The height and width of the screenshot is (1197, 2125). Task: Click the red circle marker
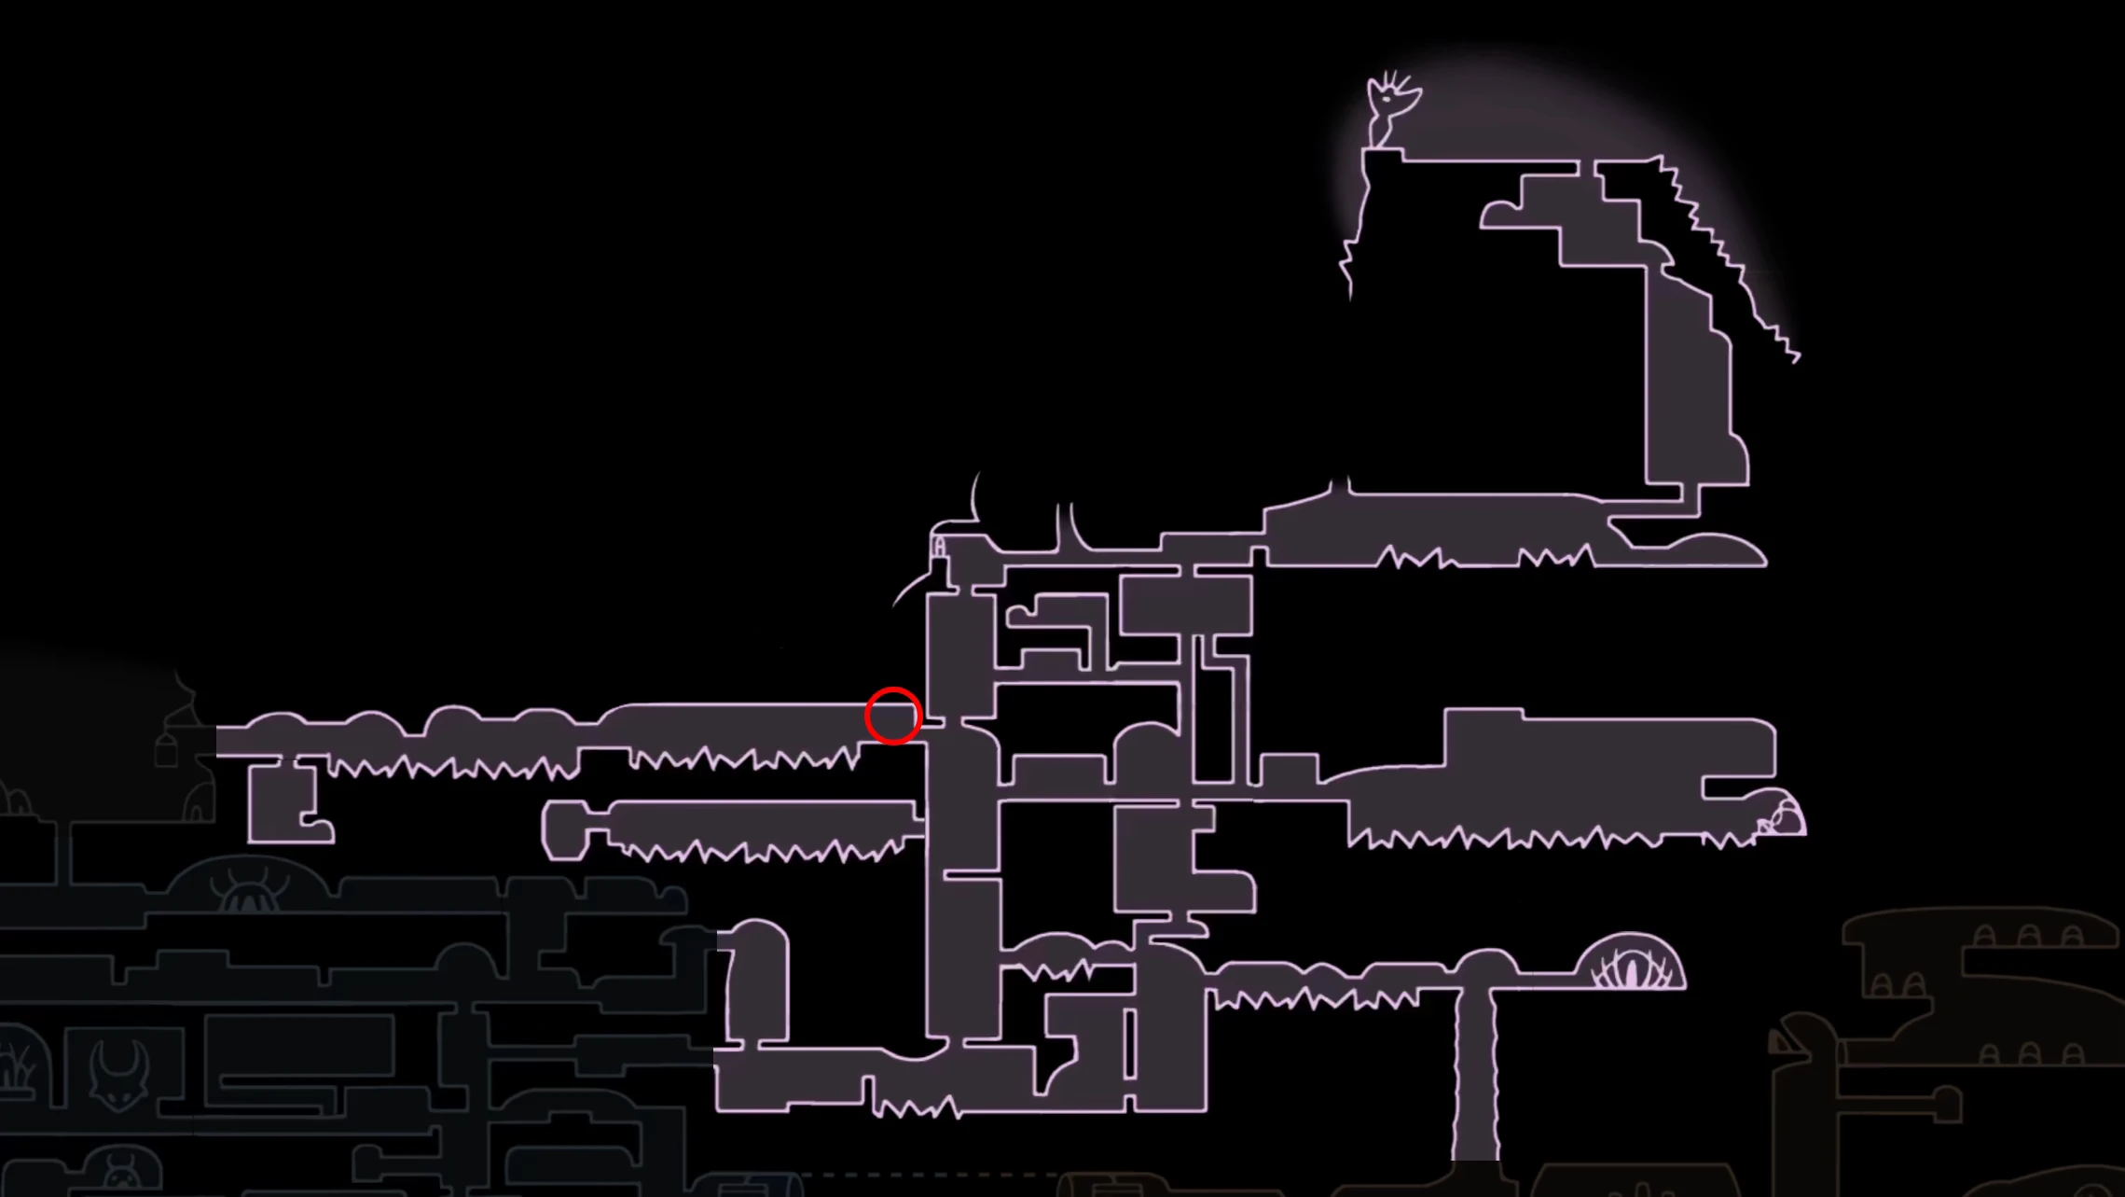click(x=893, y=716)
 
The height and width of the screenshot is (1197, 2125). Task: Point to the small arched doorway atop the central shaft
click(x=939, y=547)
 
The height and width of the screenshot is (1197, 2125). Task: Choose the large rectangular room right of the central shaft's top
click(x=1186, y=605)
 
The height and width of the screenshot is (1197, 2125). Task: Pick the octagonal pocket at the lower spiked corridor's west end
click(x=565, y=829)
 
